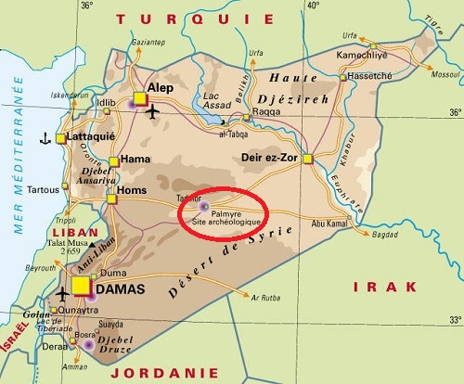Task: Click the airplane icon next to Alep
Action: coord(153,112)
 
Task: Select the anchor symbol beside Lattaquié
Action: coord(44,139)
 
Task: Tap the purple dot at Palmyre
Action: coord(205,206)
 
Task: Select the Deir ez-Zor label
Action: coord(272,157)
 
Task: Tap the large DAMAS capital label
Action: coord(121,289)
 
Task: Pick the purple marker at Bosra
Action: coord(89,344)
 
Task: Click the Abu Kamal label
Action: coord(328,222)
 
